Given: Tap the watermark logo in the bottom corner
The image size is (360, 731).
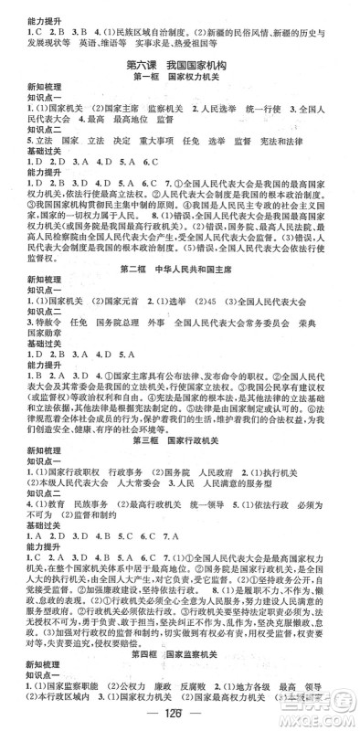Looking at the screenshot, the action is click(324, 708).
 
